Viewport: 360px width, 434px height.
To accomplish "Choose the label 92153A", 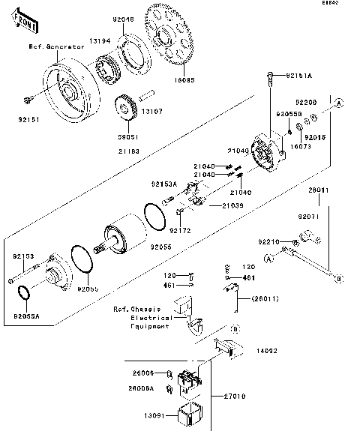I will tap(163, 184).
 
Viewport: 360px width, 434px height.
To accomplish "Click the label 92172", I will tap(181, 231).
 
